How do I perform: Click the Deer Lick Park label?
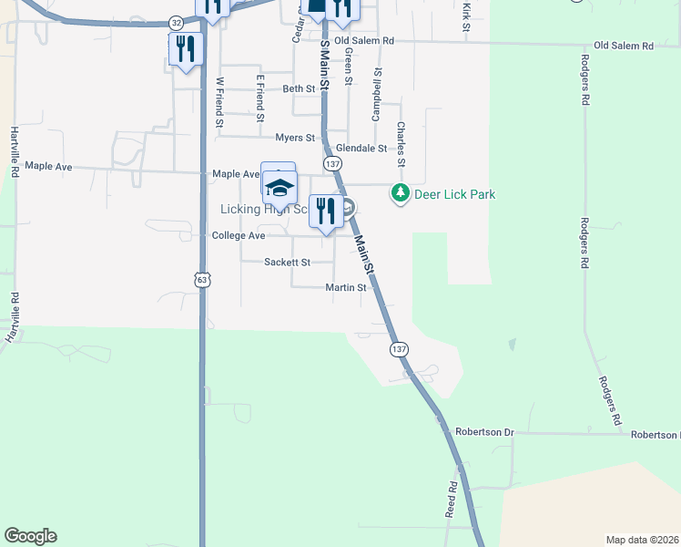pos(456,194)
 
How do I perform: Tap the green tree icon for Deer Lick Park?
pos(400,193)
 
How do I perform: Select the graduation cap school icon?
pos(280,188)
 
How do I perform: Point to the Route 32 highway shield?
pos(177,21)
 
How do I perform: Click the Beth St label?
pos(299,88)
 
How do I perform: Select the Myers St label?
pos(295,138)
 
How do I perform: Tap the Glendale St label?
pos(361,148)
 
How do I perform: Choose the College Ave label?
pos(238,235)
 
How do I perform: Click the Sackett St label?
pos(287,262)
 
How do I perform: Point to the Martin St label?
pos(346,287)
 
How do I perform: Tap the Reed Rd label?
pos(452,499)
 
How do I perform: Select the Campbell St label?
pos(375,98)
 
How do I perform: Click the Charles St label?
pos(401,145)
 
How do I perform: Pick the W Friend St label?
pos(219,102)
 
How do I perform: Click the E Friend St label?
pos(259,98)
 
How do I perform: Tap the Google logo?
pos(30,536)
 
